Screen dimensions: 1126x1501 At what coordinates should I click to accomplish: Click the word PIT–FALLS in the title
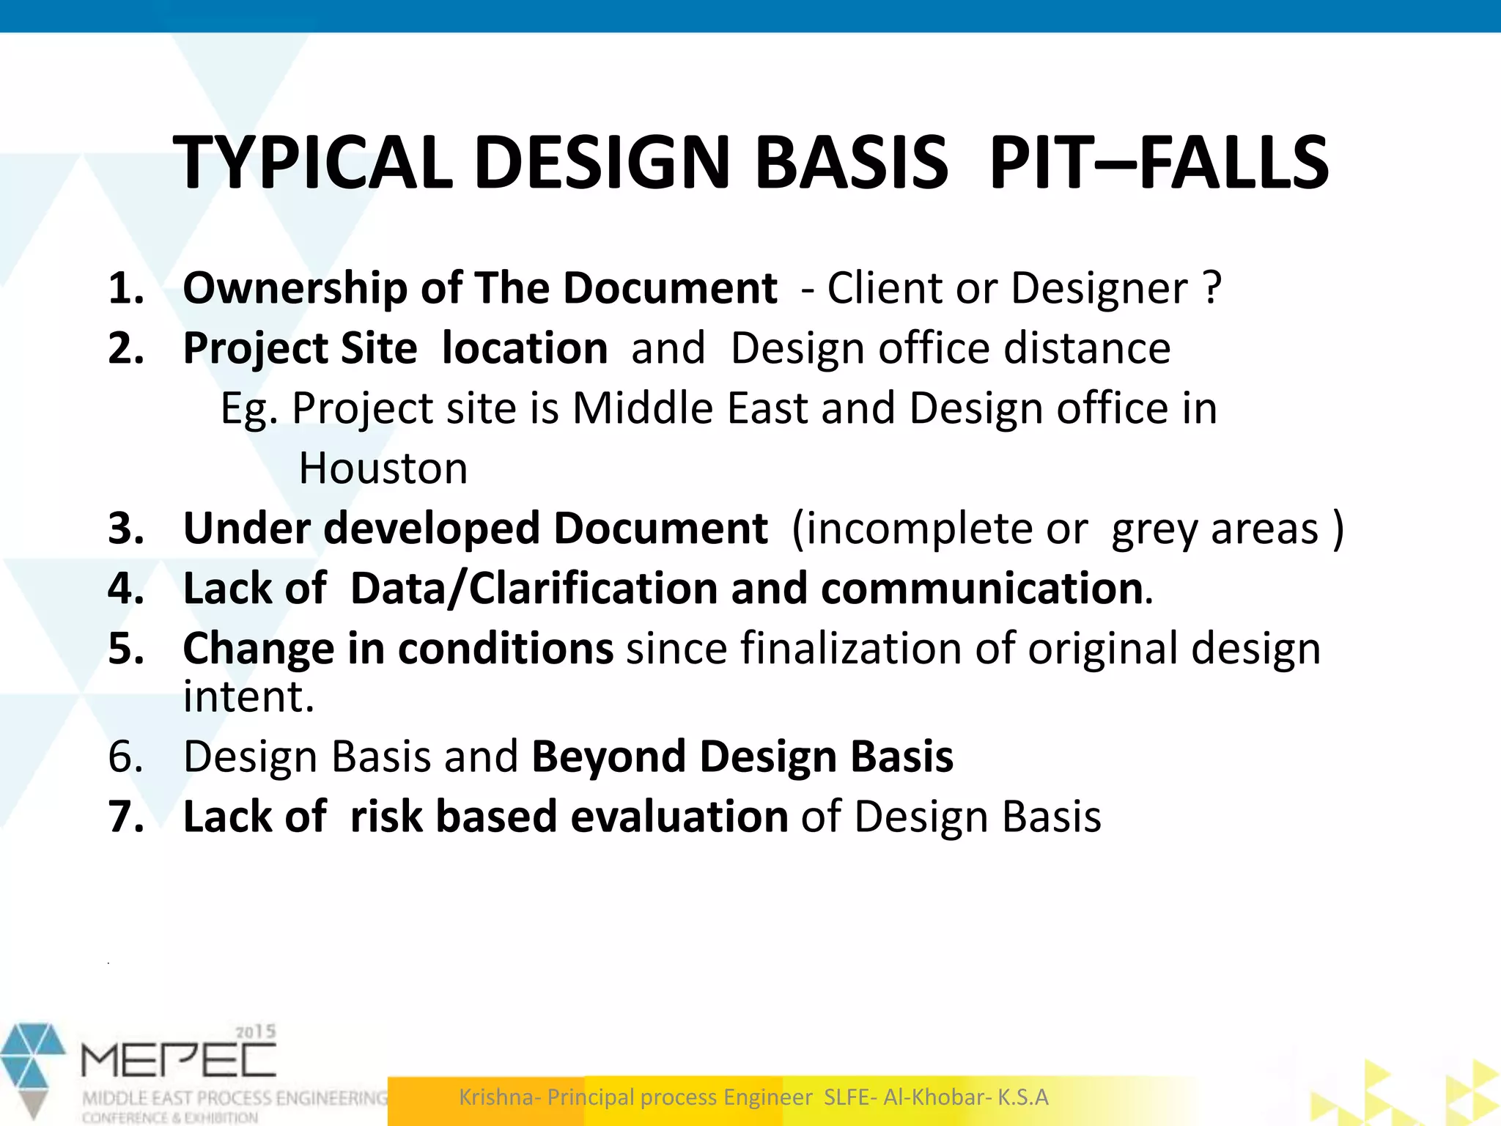[1158, 163]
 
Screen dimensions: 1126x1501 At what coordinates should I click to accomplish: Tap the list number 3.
[126, 529]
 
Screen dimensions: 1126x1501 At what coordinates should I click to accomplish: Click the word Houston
[383, 468]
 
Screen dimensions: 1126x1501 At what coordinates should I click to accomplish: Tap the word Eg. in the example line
[249, 408]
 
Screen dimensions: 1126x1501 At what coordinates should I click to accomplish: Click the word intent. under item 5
[248, 696]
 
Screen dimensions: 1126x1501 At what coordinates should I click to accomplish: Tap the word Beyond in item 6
[609, 757]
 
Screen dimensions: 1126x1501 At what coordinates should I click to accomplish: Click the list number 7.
[126, 817]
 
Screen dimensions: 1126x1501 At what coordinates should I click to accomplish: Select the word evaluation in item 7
[679, 817]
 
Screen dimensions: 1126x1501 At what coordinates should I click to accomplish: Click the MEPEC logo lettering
[179, 1061]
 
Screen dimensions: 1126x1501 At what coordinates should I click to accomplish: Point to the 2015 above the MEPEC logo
[255, 1032]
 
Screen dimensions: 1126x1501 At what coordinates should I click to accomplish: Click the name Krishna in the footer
[499, 1097]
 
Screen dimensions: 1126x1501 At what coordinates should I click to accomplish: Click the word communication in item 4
[982, 589]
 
